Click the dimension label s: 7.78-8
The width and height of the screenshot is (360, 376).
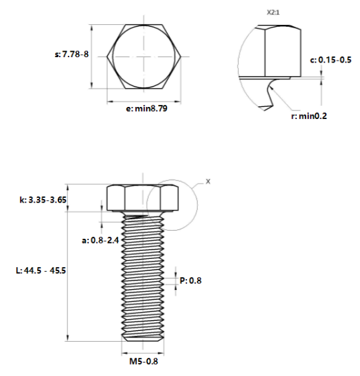tap(71, 54)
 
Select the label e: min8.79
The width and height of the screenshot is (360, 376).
tap(147, 108)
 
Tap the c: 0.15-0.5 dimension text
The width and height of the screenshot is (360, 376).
tap(331, 60)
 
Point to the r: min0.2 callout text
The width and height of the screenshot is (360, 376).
tap(309, 116)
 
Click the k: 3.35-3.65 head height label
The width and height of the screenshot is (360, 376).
tap(43, 200)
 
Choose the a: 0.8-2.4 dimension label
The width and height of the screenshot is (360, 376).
tap(100, 240)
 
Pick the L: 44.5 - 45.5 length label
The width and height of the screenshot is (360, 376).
tap(41, 270)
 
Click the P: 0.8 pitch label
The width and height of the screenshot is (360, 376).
tap(190, 280)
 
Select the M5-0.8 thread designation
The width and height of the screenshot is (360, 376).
tap(144, 361)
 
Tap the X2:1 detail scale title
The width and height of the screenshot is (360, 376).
tap(273, 13)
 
